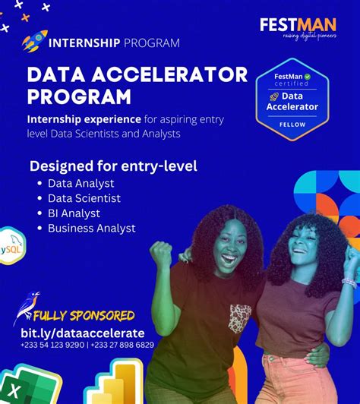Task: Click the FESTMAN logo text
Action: coord(298,26)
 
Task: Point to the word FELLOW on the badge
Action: coord(292,125)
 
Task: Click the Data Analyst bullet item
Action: coord(81,183)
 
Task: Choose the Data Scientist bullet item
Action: coord(84,198)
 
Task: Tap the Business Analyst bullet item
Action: coord(91,228)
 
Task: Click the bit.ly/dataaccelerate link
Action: coord(82,333)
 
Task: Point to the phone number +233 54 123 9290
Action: coord(52,345)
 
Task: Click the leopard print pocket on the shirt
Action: coord(241,317)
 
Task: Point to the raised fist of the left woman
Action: coord(160,253)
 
